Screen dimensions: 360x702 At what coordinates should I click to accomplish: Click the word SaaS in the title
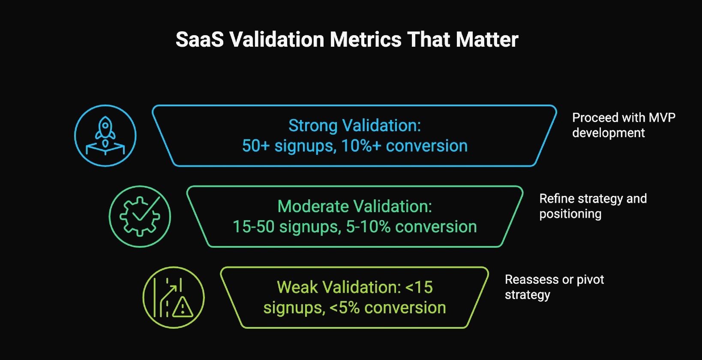pos(200,40)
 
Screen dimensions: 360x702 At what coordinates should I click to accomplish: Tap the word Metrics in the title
pos(366,40)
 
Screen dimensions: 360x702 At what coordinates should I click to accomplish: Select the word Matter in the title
pos(487,40)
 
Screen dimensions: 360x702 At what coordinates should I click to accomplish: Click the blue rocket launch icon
pos(105,136)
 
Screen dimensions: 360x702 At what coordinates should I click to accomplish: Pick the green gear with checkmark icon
pos(140,216)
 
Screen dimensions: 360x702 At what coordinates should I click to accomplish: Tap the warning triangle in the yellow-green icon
pos(183,307)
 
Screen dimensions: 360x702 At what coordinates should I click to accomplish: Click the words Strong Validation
pos(354,126)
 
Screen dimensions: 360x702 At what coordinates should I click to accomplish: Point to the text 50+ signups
pos(288,146)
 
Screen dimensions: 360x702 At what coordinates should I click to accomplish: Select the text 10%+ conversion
pos(404,146)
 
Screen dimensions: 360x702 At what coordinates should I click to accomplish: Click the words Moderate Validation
pos(354,207)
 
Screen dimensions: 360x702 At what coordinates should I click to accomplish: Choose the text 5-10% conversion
pos(411,227)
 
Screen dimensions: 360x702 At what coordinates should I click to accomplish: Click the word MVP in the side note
pos(662,117)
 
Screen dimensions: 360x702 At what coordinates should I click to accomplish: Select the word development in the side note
pos(608,133)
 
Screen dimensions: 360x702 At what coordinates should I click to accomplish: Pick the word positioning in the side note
pos(570,214)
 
